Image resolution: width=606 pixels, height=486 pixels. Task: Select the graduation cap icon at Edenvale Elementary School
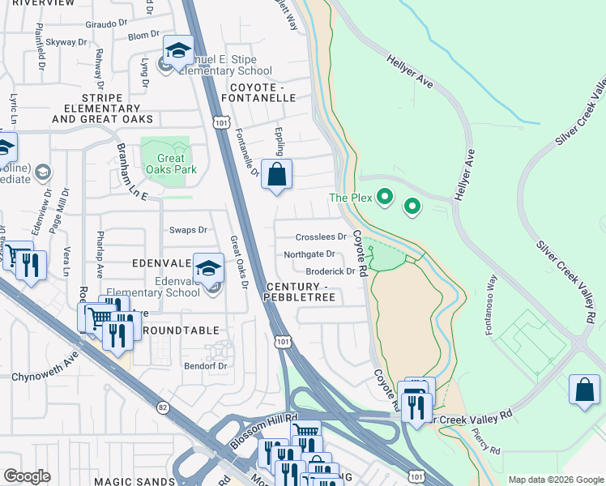(x=209, y=267)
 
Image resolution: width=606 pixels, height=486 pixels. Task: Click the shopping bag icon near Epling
(x=276, y=173)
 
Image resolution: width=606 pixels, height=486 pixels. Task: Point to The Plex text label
(x=349, y=198)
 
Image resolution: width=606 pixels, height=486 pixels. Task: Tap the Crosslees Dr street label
(x=322, y=237)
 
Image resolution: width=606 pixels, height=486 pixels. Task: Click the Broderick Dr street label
(x=330, y=272)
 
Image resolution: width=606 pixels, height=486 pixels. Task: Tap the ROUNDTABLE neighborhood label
(x=181, y=330)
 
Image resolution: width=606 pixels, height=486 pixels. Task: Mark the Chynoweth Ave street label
(x=45, y=377)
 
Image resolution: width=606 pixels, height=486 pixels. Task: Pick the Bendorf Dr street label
(x=203, y=365)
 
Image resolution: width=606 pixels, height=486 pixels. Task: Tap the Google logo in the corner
(x=27, y=476)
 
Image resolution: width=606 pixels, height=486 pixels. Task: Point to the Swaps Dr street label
(x=188, y=230)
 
